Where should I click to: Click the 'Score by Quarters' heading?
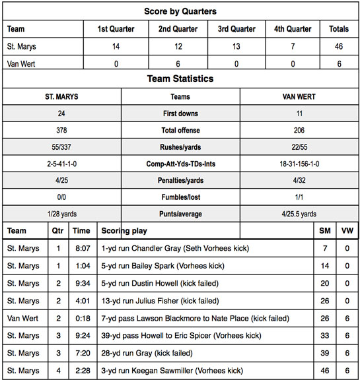coord(180,11)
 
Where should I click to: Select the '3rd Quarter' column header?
coord(236,29)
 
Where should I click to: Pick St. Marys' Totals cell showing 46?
coord(339,46)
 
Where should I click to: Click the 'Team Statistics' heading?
coord(180,79)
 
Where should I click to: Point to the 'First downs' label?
coord(180,113)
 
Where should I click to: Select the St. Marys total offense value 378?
coord(62,131)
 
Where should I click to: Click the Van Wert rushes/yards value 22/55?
coord(299,146)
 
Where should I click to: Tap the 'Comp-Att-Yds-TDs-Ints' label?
coord(180,163)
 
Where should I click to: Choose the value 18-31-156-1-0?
coord(299,163)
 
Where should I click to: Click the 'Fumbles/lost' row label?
coord(180,197)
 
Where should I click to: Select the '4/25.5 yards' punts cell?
coord(299,213)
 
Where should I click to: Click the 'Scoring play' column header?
coord(124,231)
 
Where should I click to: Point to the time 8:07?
coord(81,249)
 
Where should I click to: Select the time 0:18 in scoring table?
coord(81,318)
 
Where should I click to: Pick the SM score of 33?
coord(324,336)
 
